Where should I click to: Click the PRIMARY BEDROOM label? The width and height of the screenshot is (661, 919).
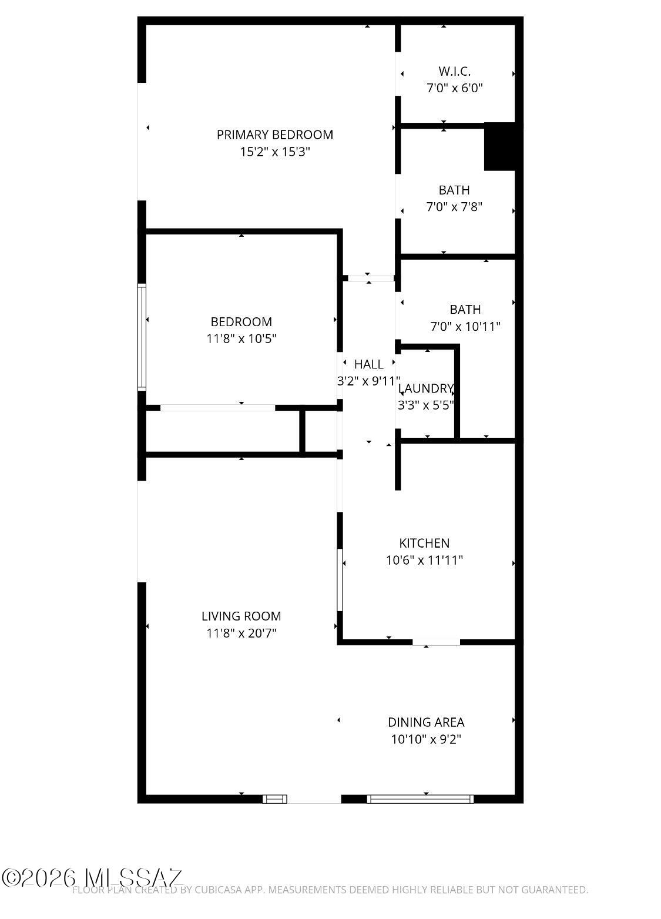pyautogui.click(x=274, y=135)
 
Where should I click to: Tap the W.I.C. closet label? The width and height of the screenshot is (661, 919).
pyautogui.click(x=454, y=71)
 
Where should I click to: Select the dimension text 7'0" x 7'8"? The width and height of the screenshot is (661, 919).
pyautogui.click(x=454, y=207)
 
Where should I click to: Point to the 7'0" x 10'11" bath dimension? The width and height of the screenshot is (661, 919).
pyautogui.click(x=465, y=326)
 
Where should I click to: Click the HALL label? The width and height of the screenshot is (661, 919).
pyautogui.click(x=368, y=364)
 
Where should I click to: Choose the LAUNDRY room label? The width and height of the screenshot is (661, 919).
pyautogui.click(x=425, y=388)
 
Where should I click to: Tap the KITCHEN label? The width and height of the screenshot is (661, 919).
pyautogui.click(x=424, y=543)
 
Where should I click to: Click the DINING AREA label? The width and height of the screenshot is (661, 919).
pyautogui.click(x=426, y=722)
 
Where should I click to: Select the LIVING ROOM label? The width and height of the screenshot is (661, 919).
pyautogui.click(x=241, y=616)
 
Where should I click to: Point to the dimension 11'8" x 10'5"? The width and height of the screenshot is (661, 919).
pyautogui.click(x=241, y=338)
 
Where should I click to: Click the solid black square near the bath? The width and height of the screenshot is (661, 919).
pyautogui.click(x=499, y=147)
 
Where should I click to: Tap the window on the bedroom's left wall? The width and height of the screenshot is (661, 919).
pyautogui.click(x=142, y=337)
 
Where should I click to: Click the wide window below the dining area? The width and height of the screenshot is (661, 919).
pyautogui.click(x=420, y=799)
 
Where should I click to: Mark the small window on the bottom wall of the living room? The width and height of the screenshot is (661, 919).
pyautogui.click(x=275, y=799)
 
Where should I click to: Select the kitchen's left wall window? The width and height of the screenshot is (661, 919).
pyautogui.click(x=340, y=580)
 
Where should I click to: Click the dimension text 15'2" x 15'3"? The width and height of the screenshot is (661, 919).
pyautogui.click(x=274, y=152)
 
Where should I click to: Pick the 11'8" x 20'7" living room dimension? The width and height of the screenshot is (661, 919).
pyautogui.click(x=241, y=633)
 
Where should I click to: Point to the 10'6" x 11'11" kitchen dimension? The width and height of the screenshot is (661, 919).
pyautogui.click(x=424, y=560)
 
